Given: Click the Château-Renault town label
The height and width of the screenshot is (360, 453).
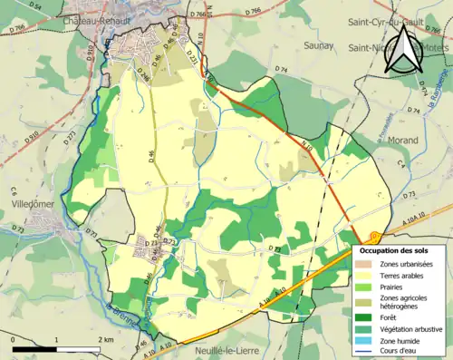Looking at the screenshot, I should point(100,18).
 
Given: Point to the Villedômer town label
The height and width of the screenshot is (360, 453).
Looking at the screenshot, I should point(34,205).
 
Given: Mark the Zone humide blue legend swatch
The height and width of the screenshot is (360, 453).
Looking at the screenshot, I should point(367,340).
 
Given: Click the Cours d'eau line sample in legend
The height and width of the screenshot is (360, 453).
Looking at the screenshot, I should point(367,352).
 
